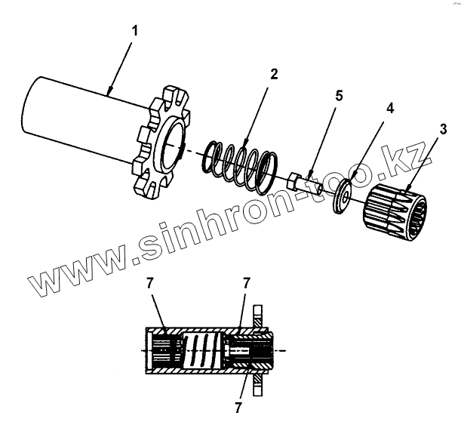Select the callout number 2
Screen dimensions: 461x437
(x=273, y=73)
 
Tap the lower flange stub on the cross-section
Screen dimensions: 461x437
(x=257, y=385)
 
